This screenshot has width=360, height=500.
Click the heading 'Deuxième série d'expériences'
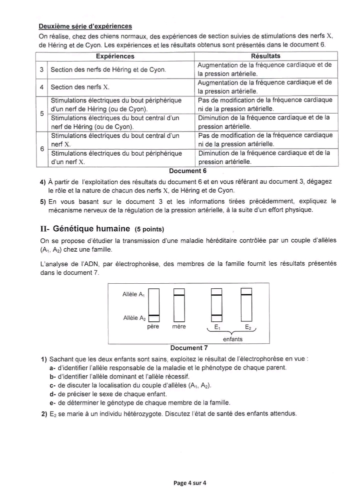(x=85, y=26)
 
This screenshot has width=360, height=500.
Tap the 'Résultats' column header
(x=265, y=56)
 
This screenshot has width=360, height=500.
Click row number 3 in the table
(x=42, y=70)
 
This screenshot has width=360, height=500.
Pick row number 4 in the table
(x=42, y=87)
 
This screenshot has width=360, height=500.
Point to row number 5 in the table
(x=42, y=113)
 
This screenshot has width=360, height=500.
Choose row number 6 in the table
(x=42, y=149)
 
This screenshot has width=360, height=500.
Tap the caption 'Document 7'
(x=188, y=348)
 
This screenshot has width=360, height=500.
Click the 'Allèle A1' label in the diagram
(x=133, y=294)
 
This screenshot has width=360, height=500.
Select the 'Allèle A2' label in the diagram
(x=133, y=318)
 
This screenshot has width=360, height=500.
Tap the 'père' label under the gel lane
(x=153, y=327)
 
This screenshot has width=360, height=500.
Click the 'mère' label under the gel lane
(x=178, y=327)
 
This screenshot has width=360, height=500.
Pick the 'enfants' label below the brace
(x=232, y=339)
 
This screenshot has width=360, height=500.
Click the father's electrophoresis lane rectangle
(x=154, y=305)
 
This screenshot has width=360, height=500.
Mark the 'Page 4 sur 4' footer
(x=190, y=483)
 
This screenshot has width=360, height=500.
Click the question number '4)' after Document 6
(x=43, y=181)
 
